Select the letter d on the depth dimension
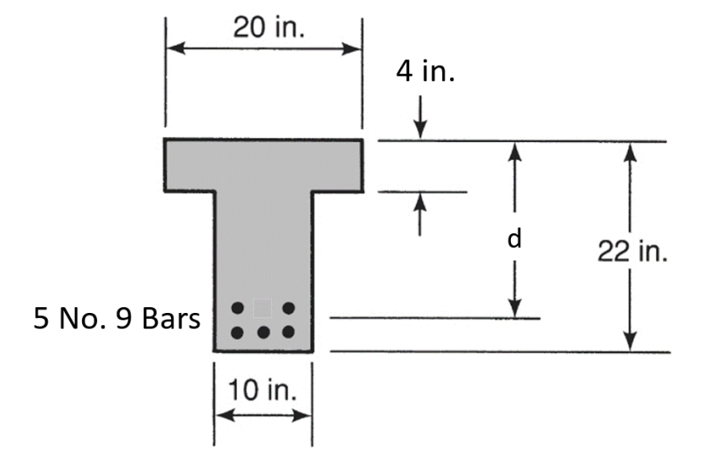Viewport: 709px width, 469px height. click(x=513, y=239)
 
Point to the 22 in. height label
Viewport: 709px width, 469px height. click(x=632, y=251)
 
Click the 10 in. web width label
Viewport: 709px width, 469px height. click(x=263, y=389)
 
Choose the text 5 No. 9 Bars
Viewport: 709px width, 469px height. click(x=117, y=318)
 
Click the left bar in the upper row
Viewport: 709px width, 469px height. click(x=237, y=308)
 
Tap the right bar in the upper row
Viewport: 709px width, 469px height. click(x=288, y=308)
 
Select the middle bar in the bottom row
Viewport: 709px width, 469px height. click(x=263, y=333)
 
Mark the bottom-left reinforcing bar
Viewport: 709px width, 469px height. click(x=237, y=333)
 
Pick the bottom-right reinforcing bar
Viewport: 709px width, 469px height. click(x=288, y=333)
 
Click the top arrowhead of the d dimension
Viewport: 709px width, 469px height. click(x=515, y=151)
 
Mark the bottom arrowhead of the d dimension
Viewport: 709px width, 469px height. click(x=515, y=308)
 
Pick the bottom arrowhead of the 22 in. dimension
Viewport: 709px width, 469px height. click(x=629, y=343)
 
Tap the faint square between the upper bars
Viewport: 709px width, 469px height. click(x=263, y=308)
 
